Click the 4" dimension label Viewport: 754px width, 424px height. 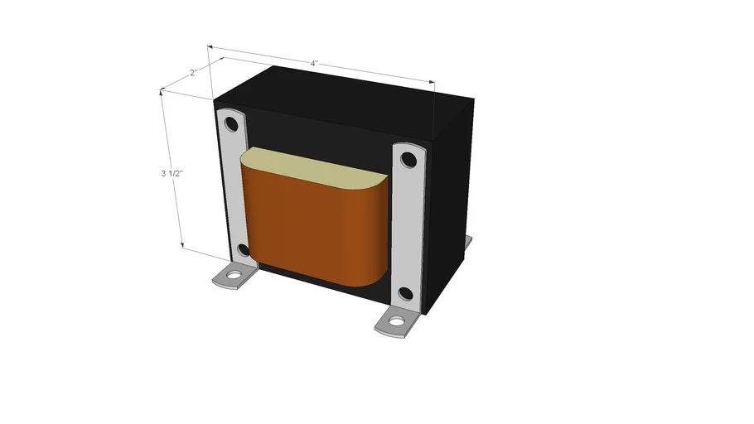pyautogui.click(x=314, y=64)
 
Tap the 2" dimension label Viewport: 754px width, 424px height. pyautogui.click(x=193, y=73)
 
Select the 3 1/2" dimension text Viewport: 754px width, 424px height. pyautogui.click(x=172, y=174)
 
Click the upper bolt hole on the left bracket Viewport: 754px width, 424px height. pyautogui.click(x=231, y=126)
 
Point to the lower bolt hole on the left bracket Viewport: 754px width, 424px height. pyautogui.click(x=243, y=249)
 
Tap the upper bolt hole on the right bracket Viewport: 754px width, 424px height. pyautogui.click(x=408, y=161)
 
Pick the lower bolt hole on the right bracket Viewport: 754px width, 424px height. pyautogui.click(x=405, y=293)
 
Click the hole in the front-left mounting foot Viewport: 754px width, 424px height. pyautogui.click(x=234, y=274)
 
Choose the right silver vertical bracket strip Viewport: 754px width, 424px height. pyautogui.click(x=406, y=228)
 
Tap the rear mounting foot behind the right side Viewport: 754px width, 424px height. pyautogui.click(x=468, y=242)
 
